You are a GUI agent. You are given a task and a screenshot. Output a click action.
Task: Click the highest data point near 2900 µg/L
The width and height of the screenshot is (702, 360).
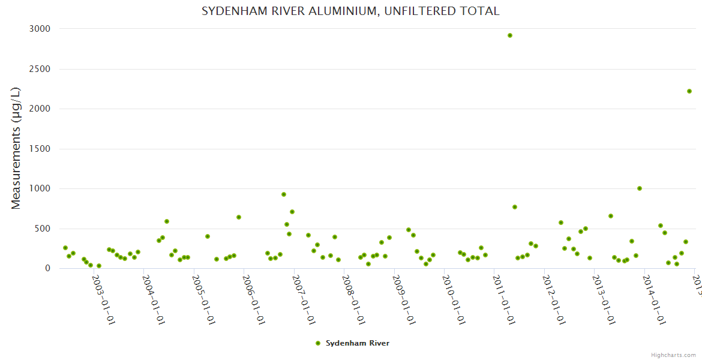click(x=509, y=35)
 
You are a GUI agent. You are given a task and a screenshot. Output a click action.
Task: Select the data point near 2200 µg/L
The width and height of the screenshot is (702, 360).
click(x=689, y=91)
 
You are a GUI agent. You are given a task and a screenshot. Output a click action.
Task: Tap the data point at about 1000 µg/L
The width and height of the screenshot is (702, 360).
click(x=640, y=188)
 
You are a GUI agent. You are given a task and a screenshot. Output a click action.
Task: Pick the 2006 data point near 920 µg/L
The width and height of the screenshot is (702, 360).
click(x=284, y=194)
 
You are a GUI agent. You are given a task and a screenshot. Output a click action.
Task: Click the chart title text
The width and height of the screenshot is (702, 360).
click(x=350, y=11)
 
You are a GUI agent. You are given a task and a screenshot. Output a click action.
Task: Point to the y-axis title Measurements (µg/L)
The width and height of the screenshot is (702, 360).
click(x=16, y=148)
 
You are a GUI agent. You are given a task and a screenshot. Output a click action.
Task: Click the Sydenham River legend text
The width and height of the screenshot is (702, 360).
click(x=358, y=343)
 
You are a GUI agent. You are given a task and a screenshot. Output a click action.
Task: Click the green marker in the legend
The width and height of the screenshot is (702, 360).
click(x=318, y=343)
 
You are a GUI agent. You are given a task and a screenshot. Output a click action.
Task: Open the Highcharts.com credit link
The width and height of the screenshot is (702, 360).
click(x=673, y=355)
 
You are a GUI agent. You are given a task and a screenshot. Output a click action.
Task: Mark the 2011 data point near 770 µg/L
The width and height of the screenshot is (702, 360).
click(x=515, y=207)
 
